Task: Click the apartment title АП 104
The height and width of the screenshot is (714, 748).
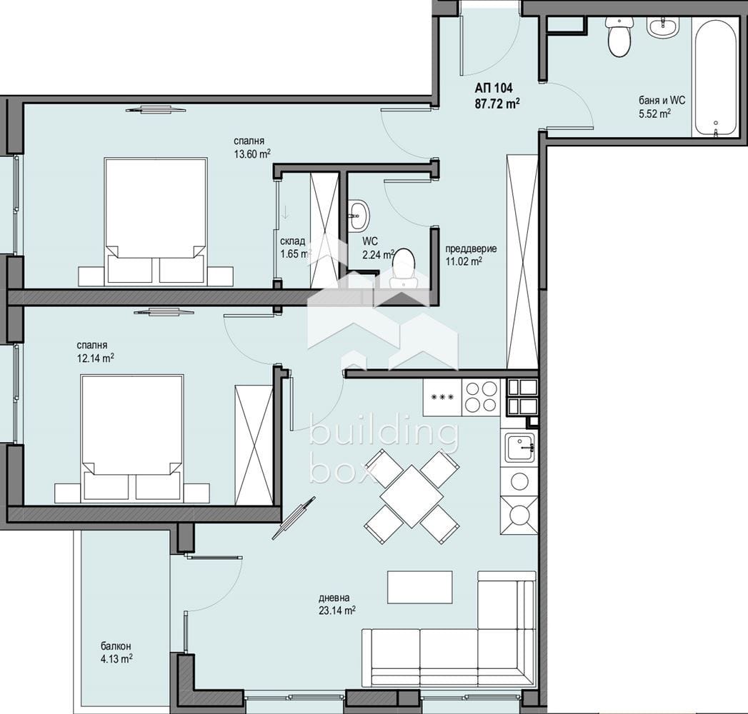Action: click(x=493, y=88)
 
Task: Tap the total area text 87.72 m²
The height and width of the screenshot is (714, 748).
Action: click(x=497, y=104)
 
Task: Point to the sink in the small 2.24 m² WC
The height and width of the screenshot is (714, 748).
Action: click(x=358, y=215)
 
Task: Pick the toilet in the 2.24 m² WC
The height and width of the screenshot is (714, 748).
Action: click(x=402, y=267)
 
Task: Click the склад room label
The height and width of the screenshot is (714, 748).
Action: click(x=292, y=241)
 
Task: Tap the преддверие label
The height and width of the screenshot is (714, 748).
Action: click(x=471, y=248)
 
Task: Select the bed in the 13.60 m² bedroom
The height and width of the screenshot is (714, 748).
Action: click(x=156, y=221)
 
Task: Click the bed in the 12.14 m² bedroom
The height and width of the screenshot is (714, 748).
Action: click(x=132, y=438)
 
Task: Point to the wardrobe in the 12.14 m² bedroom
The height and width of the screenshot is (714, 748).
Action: click(x=254, y=445)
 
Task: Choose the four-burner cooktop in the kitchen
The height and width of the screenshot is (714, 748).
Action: click(x=480, y=397)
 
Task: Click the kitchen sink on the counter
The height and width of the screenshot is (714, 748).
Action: click(x=519, y=447)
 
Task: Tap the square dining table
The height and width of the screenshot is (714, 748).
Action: click(x=412, y=497)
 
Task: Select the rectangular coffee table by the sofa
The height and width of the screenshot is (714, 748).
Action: click(x=420, y=587)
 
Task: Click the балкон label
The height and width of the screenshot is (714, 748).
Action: click(x=116, y=647)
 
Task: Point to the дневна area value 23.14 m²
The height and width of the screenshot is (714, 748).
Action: click(x=336, y=610)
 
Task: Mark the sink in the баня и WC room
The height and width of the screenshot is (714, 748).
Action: click(x=662, y=26)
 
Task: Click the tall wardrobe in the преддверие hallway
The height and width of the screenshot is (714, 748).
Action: click(x=522, y=261)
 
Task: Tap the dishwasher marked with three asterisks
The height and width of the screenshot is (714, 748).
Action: click(x=442, y=398)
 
